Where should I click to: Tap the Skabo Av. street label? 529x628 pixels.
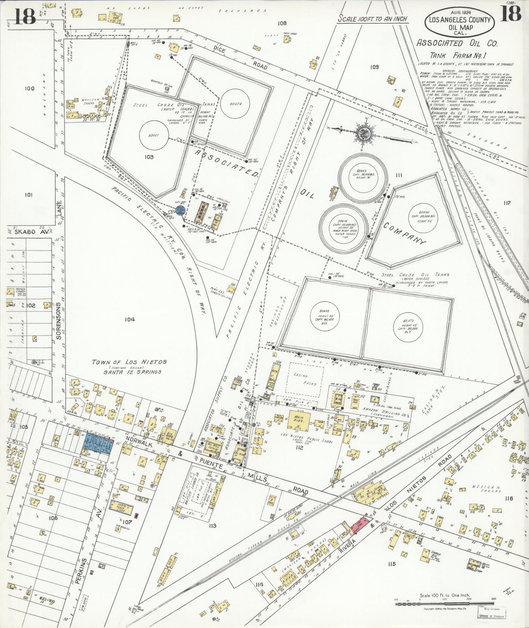click(x=27, y=231)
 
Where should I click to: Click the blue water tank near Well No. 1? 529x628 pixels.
click(x=181, y=211)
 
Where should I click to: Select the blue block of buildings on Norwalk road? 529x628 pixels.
click(x=98, y=443)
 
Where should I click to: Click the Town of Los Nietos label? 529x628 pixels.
click(x=129, y=362)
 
